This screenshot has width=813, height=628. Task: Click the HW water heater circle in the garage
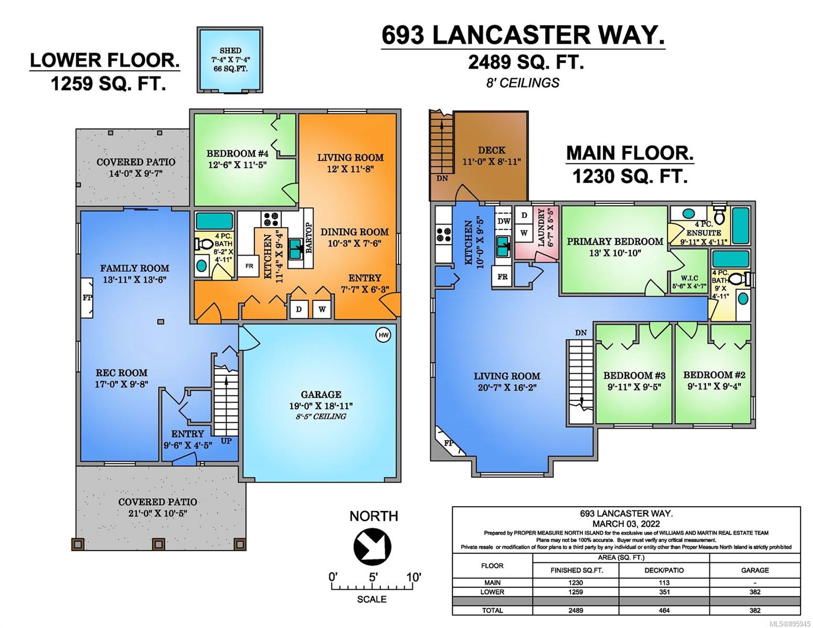pyautogui.click(x=384, y=335)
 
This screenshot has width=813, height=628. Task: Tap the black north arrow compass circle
pyautogui.click(x=372, y=546)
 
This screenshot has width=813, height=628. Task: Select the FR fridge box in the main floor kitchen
pyautogui.click(x=502, y=277)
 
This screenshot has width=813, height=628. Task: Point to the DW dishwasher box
pyautogui.click(x=504, y=221)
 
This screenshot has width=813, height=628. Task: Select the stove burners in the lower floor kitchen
pyautogui.click(x=271, y=219)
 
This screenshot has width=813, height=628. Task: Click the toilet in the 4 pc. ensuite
pyautogui.click(x=719, y=215)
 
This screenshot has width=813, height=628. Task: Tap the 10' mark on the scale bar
pyautogui.click(x=414, y=578)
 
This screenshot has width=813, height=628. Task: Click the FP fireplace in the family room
pyautogui.click(x=87, y=298)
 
